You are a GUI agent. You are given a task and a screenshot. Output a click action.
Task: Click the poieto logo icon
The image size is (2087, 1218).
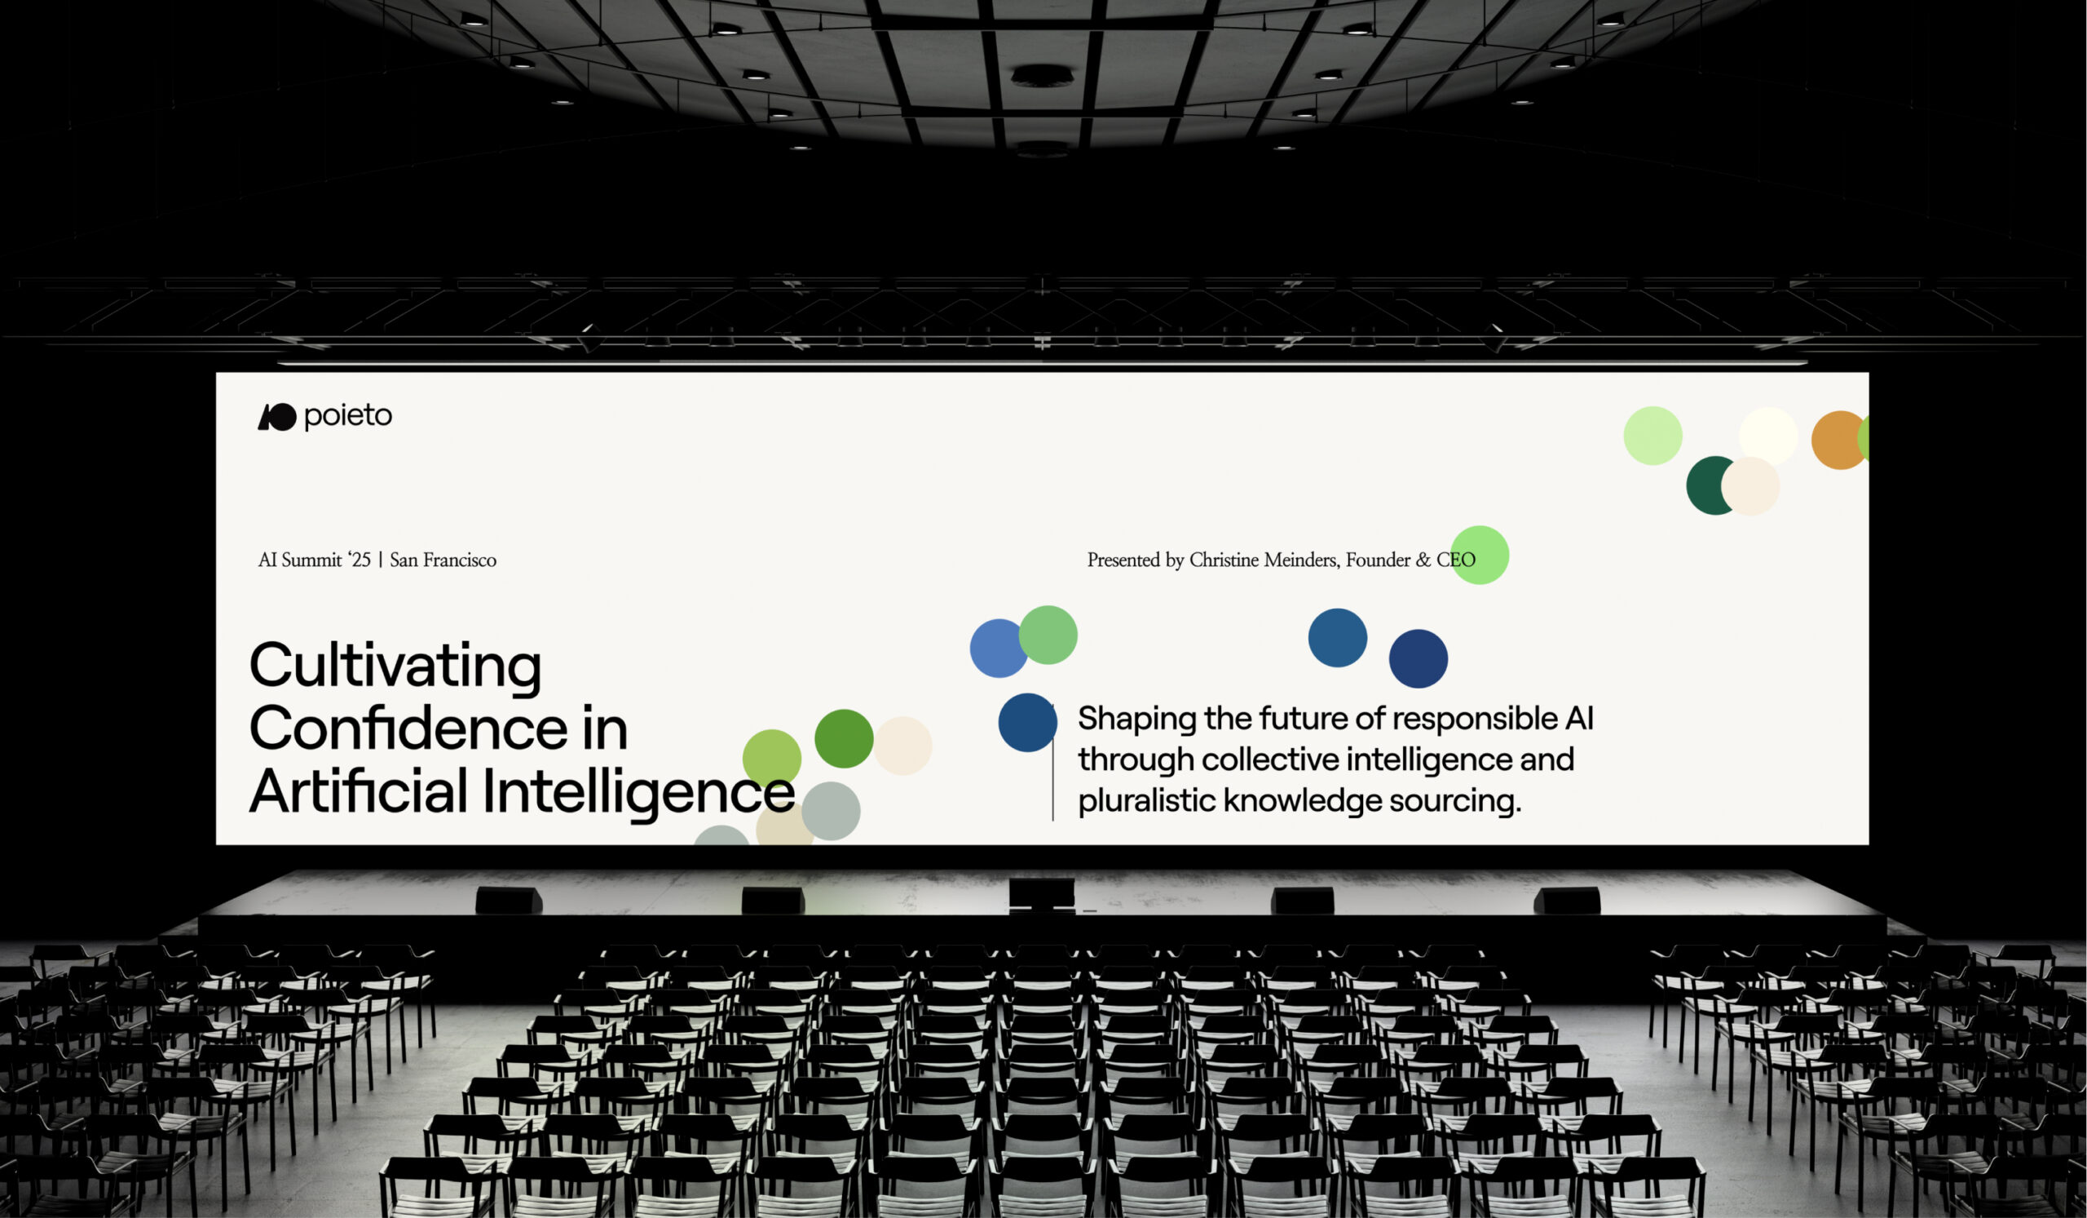(276, 417)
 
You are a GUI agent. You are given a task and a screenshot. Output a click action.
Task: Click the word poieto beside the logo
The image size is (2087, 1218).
(348, 416)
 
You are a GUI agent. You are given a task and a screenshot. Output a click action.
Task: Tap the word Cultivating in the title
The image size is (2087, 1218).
(395, 666)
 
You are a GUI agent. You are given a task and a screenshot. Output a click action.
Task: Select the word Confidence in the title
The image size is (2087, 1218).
(408, 729)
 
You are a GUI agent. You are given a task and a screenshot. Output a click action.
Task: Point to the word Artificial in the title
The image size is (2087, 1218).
(359, 791)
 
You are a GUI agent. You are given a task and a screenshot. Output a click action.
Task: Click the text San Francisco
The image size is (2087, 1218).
(443, 560)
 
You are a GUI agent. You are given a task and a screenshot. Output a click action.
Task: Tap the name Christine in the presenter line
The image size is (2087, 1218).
(1224, 560)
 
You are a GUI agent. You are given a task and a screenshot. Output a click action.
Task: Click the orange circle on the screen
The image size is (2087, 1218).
(1839, 440)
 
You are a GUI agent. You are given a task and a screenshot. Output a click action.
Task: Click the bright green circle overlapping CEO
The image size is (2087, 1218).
(1479, 555)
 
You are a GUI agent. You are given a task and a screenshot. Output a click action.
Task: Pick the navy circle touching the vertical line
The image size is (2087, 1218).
(1027, 723)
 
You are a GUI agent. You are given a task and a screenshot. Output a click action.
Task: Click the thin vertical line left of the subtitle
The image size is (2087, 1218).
(1052, 762)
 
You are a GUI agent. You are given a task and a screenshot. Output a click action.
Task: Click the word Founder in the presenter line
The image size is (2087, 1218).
(1377, 560)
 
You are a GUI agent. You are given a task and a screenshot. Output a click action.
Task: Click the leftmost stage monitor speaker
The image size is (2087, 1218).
(509, 901)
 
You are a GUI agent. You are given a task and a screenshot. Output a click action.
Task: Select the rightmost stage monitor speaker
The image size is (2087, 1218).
(1566, 901)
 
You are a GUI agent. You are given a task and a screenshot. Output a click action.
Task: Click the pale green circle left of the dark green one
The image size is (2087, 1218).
(1652, 436)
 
